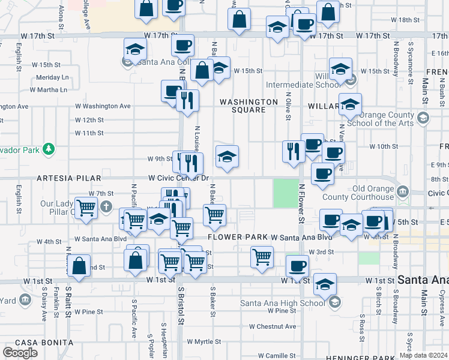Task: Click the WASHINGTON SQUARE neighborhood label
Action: click(x=249, y=106)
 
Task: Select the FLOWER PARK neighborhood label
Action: click(x=238, y=238)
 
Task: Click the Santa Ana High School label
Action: click(x=282, y=302)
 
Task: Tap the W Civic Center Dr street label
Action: click(x=178, y=178)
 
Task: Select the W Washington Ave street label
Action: click(x=103, y=106)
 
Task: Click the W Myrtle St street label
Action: click(x=204, y=341)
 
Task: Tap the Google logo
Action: click(x=20, y=352)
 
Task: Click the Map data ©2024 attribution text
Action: click(x=423, y=355)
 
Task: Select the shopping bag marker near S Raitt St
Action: click(x=79, y=266)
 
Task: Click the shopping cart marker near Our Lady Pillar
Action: click(x=86, y=208)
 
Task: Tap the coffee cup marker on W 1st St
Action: click(x=297, y=265)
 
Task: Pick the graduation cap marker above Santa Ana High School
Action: click(x=325, y=284)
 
